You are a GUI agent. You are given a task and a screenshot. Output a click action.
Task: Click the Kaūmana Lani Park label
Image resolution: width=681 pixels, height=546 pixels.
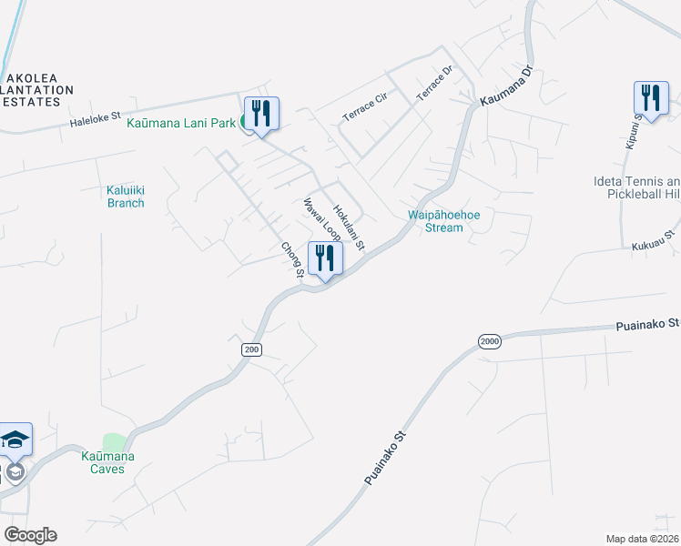click(181, 122)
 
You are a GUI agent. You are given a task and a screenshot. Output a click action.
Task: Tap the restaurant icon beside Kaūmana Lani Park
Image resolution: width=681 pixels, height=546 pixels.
click(261, 114)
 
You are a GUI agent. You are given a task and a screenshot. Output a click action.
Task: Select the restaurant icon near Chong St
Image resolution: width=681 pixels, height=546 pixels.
click(325, 258)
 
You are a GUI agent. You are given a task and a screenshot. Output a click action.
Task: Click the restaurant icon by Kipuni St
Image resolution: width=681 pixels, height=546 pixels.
click(651, 98)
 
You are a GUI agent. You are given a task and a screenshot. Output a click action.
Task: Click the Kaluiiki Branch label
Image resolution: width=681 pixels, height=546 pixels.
click(126, 197)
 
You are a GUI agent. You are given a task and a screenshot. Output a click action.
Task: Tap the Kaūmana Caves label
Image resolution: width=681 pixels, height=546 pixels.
click(114, 461)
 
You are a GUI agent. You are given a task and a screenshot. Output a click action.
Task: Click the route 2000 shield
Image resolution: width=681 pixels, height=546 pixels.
click(490, 340)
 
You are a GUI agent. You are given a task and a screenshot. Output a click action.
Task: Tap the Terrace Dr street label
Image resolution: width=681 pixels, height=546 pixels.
click(434, 83)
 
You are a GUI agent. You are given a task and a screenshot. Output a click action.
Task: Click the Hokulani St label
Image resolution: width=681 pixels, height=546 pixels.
click(349, 227)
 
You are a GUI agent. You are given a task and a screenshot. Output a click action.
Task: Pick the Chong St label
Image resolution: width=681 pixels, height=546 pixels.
click(291, 258)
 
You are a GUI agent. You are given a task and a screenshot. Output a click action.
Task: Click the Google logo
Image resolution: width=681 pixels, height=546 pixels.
click(30, 535)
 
